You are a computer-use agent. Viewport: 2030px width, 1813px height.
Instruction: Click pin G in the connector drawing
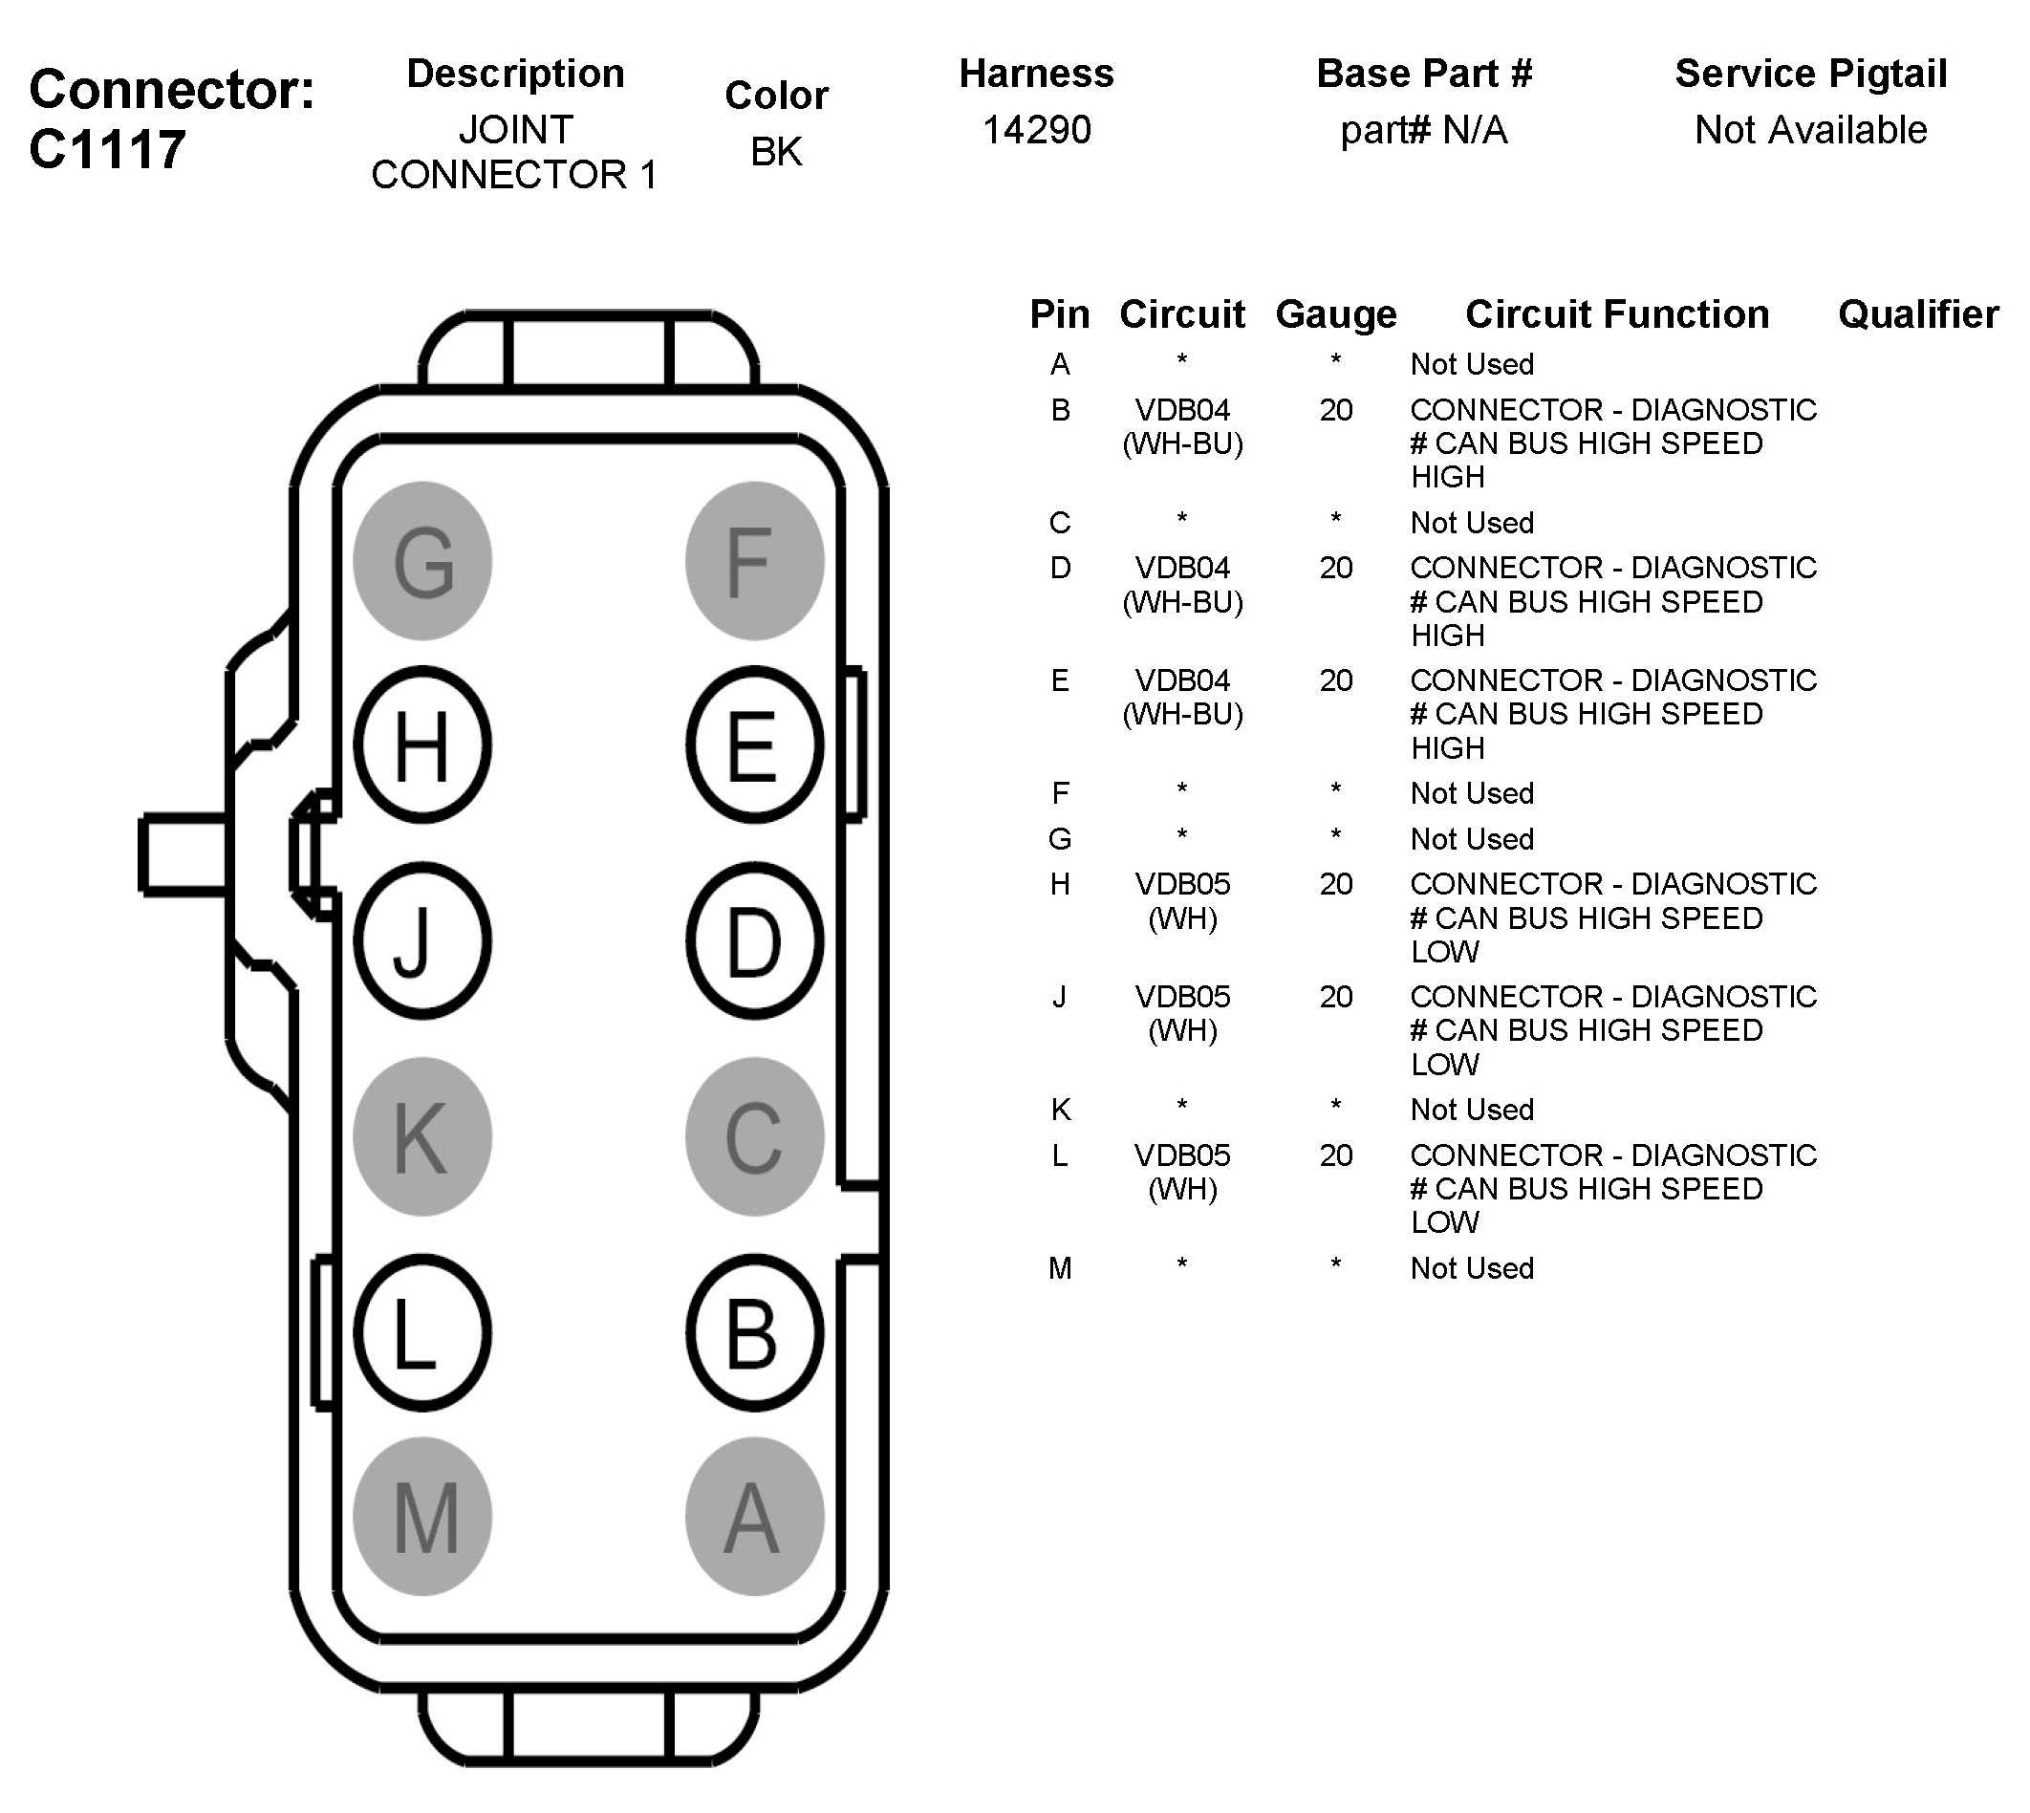(422, 561)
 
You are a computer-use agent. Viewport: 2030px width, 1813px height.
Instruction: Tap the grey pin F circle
(754, 561)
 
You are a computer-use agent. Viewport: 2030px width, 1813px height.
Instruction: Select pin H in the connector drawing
(422, 745)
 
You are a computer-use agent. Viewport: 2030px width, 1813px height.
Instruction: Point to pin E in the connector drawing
(754, 745)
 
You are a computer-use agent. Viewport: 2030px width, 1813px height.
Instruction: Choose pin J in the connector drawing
(422, 940)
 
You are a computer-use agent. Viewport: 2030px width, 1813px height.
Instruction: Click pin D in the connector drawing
(754, 940)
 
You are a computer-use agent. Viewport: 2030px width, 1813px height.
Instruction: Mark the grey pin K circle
(422, 1136)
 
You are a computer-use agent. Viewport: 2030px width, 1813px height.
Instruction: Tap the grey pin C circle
(754, 1136)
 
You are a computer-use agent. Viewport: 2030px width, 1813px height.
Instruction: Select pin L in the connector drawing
(422, 1333)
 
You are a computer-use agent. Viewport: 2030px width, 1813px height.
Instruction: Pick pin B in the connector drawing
(754, 1333)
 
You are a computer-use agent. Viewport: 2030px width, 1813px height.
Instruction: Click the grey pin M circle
(422, 1517)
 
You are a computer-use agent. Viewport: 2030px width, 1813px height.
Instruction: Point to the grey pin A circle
(754, 1517)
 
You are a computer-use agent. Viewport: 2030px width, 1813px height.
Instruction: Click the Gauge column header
(1336, 314)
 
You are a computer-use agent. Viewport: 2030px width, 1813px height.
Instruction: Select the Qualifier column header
(1917, 314)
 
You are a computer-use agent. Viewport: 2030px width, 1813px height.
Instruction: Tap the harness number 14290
(1036, 131)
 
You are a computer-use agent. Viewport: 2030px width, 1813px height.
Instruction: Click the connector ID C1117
(108, 150)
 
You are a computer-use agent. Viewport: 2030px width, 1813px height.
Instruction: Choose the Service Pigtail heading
(1810, 74)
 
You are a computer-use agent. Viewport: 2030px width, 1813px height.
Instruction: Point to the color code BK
(776, 152)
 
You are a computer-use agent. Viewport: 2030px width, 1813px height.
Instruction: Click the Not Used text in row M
(1471, 1268)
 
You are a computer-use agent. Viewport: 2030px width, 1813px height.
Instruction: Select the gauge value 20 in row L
(1336, 1155)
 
